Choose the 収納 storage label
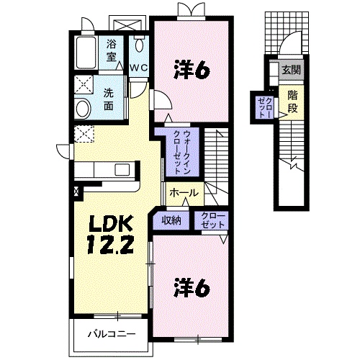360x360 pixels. click(171, 220)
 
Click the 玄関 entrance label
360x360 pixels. click(292, 70)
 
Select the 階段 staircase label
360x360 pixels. click(293, 102)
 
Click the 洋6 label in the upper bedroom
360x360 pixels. click(191, 69)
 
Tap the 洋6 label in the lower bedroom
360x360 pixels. click(191, 288)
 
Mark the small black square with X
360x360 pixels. click(77, 192)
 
